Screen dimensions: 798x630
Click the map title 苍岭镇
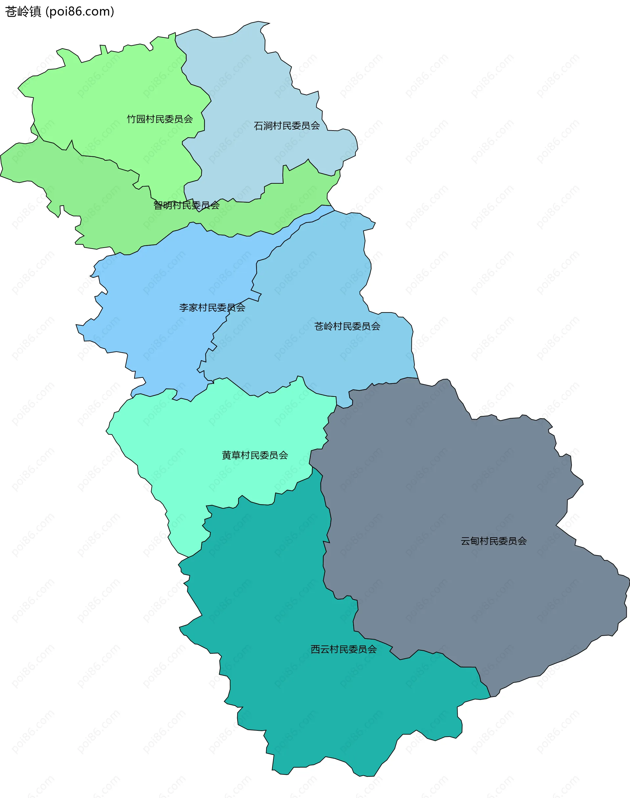point(23,12)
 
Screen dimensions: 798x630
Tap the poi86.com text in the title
point(80,12)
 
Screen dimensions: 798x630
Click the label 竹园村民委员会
point(160,119)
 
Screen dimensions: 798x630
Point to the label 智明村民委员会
point(186,205)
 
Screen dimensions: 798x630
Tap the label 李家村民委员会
point(212,308)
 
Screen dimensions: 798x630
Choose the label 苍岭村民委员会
point(347,326)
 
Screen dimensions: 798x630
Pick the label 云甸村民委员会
point(493,541)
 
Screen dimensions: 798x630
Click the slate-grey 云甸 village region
point(443,498)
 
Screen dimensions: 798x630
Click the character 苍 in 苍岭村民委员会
point(319,326)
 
